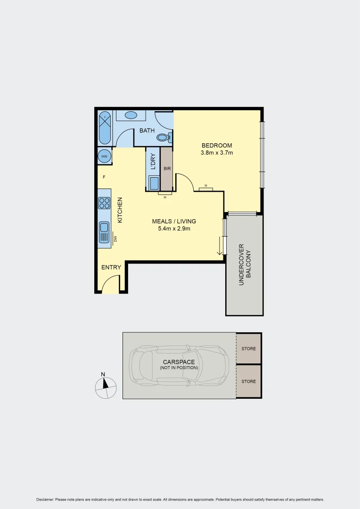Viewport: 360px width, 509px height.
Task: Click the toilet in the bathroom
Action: click(x=164, y=138)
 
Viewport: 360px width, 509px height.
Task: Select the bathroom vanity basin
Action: click(x=131, y=115)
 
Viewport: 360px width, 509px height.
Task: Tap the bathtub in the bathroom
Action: click(x=105, y=128)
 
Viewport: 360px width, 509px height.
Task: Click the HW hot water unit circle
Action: click(x=105, y=156)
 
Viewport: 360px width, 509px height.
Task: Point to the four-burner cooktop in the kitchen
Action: click(x=104, y=203)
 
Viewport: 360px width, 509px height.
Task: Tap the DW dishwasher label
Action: click(x=115, y=239)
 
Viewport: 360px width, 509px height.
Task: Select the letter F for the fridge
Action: click(x=104, y=177)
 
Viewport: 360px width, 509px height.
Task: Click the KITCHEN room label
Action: click(x=120, y=210)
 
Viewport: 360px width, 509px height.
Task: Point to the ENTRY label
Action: click(x=111, y=267)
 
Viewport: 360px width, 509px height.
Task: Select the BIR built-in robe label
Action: click(x=167, y=168)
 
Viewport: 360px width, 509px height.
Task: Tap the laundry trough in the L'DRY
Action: click(x=154, y=182)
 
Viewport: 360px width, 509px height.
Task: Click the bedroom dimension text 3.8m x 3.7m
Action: click(x=217, y=153)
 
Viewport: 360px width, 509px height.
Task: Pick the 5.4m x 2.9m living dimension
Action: click(x=174, y=229)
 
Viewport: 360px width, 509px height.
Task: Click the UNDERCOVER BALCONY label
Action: click(x=245, y=265)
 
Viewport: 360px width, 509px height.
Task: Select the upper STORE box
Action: click(x=248, y=349)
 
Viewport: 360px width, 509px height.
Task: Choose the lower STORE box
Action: click(x=248, y=381)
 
